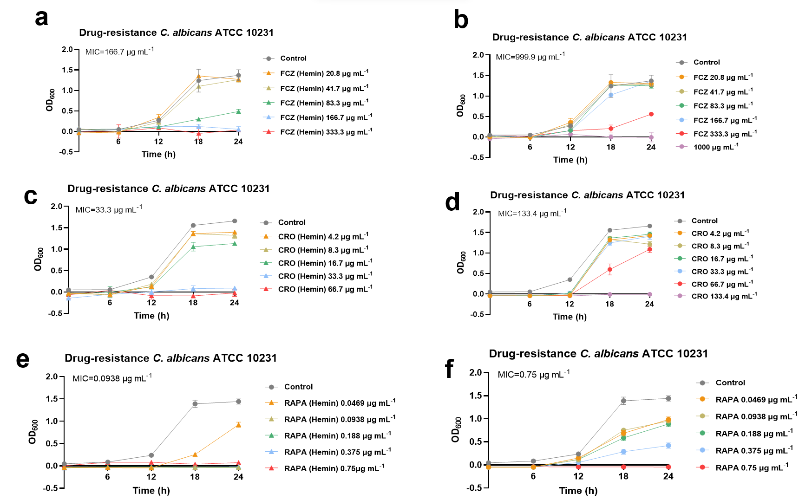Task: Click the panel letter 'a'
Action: pos(42,19)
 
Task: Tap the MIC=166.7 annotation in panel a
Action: pos(119,52)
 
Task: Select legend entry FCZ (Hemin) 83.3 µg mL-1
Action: pos(324,103)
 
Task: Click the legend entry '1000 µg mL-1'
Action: pos(715,147)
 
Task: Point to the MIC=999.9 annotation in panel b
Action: pos(530,57)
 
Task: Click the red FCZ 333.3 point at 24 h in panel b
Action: pos(651,114)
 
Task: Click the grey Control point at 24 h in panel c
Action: pos(235,221)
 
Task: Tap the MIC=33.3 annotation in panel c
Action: pos(109,209)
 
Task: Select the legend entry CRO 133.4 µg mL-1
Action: pos(724,296)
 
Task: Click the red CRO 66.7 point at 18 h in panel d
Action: pos(610,269)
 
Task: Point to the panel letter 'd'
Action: pos(452,202)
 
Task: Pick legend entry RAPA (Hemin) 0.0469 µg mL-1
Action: pos(340,403)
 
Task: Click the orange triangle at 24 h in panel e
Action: pos(238,425)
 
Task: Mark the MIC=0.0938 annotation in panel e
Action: pos(112,378)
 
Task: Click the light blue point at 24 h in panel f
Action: pos(668,446)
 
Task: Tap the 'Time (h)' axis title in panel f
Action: pos(578,491)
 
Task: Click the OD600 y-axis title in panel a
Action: pos(50,100)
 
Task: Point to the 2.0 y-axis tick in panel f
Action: pos(476,373)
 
